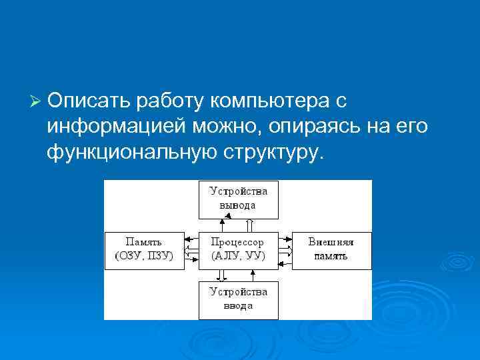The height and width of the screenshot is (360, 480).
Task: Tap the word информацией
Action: click(x=112, y=127)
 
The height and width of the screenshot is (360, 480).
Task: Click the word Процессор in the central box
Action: click(x=238, y=243)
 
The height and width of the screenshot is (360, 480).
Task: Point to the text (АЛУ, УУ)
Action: click(x=238, y=255)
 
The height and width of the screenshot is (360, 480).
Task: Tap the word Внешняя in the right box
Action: click(x=331, y=243)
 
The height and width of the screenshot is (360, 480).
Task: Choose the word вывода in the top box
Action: click(x=238, y=205)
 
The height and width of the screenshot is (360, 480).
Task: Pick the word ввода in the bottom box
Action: click(x=238, y=305)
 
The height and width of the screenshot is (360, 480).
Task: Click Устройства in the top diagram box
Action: click(x=238, y=191)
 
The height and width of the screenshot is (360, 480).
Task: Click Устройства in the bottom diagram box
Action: click(x=238, y=292)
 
